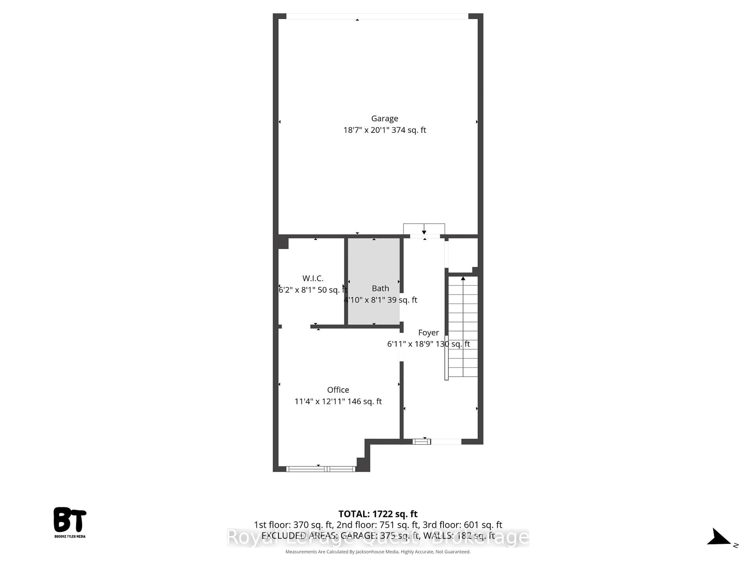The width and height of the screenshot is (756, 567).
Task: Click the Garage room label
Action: pyautogui.click(x=384, y=118)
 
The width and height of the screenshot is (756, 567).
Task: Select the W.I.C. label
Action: pyautogui.click(x=313, y=278)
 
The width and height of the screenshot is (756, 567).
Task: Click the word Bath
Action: pyautogui.click(x=380, y=288)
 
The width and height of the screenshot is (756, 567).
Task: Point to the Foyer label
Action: pyautogui.click(x=428, y=333)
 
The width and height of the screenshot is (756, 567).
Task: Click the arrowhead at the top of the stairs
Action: pyautogui.click(x=463, y=279)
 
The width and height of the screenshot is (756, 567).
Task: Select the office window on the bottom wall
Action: pyautogui.click(x=321, y=469)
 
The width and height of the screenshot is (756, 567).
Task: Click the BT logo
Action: pyautogui.click(x=70, y=520)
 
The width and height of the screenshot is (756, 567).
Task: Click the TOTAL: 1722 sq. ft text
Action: pyautogui.click(x=378, y=514)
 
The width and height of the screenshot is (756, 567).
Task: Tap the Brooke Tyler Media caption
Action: pyautogui.click(x=70, y=536)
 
